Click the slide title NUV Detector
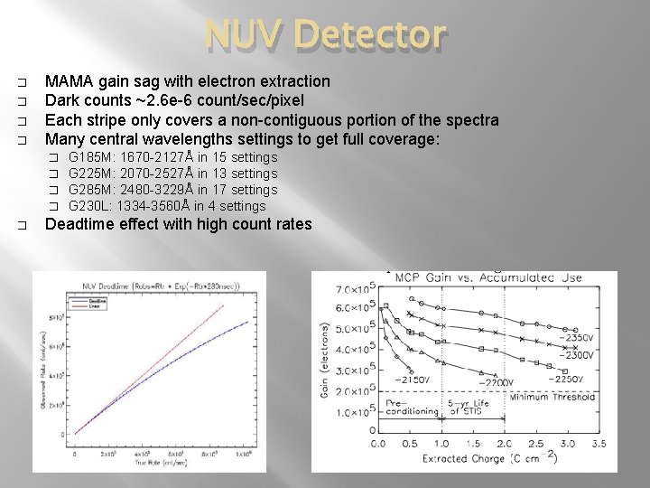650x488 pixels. pos(325,34)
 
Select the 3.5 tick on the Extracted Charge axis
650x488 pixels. pos(597,444)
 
